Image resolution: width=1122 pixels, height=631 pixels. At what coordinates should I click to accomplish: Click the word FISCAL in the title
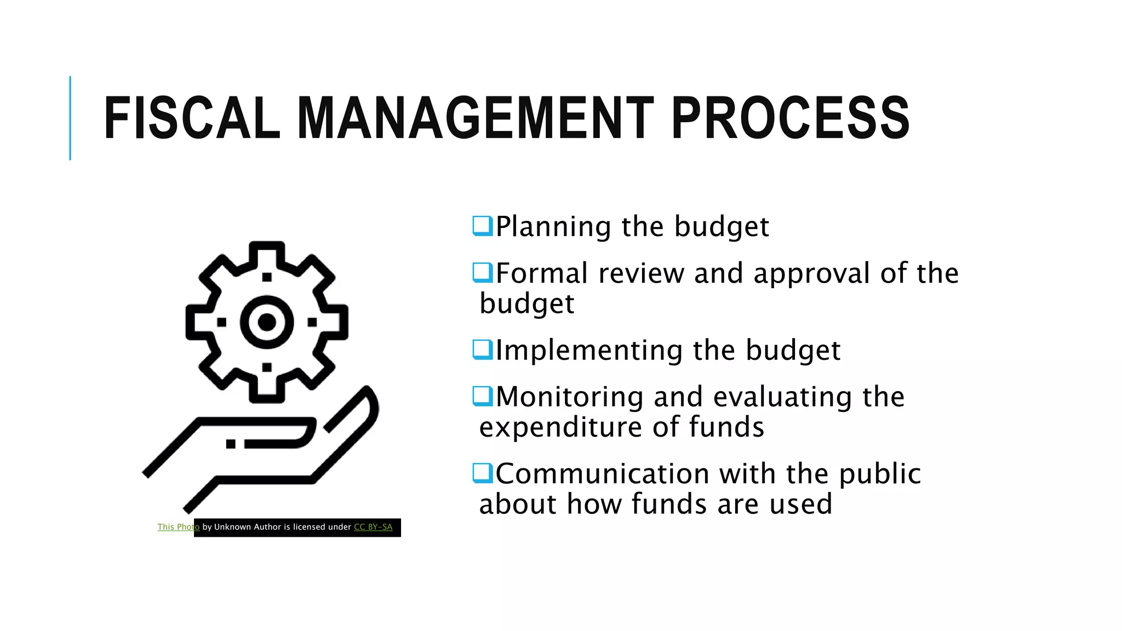point(192,118)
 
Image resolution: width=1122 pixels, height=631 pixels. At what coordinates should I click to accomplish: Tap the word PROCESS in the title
point(791,118)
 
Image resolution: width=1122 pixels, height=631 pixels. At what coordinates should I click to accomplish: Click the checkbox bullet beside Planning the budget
point(483,226)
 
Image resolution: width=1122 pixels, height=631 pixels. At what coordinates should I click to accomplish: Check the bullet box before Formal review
point(483,272)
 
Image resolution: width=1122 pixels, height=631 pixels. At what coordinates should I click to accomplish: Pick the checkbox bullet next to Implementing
point(483,349)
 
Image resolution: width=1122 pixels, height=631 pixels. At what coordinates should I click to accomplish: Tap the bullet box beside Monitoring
point(483,396)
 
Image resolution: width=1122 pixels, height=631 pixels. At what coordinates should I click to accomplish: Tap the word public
point(880,474)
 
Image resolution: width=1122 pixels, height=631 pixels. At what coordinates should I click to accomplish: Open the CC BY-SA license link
point(373,527)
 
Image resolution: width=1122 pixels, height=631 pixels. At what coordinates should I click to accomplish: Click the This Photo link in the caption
point(178,527)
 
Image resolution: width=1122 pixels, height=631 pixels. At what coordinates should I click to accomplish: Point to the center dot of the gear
point(267,323)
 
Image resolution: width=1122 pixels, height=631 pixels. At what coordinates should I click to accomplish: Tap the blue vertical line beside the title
point(70,118)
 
